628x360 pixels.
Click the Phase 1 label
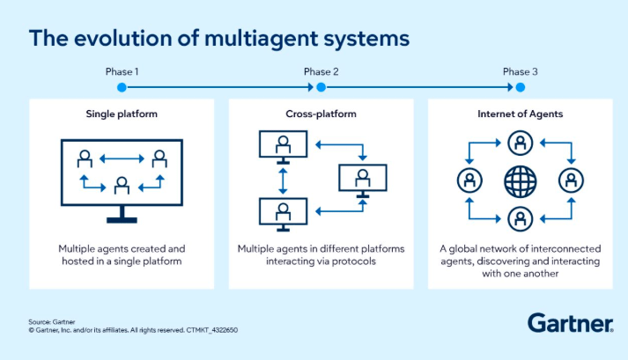(x=122, y=71)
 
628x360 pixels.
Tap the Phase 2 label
(x=321, y=71)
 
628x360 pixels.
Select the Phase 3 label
(x=520, y=71)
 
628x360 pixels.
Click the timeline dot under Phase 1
(x=122, y=87)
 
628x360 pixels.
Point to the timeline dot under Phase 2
(x=321, y=87)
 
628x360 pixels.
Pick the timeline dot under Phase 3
(x=520, y=87)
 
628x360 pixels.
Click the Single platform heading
(x=122, y=114)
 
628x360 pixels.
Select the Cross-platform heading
(x=321, y=114)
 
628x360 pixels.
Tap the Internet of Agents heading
(x=520, y=114)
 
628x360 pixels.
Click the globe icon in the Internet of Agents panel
(x=520, y=181)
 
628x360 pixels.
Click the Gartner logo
(x=570, y=322)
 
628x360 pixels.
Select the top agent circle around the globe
(x=520, y=143)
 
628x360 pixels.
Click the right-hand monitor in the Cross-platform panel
(x=360, y=179)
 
